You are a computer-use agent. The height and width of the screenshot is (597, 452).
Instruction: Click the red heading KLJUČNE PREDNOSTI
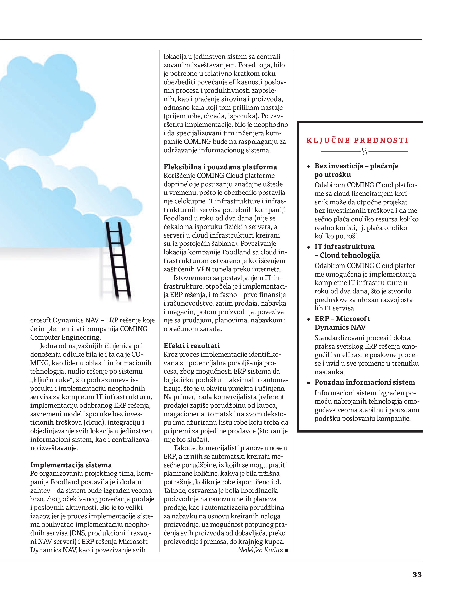tap(357, 140)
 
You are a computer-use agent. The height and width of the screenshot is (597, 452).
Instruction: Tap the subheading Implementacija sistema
tap(71, 465)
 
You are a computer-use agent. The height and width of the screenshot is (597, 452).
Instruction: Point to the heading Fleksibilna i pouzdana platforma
tap(220, 167)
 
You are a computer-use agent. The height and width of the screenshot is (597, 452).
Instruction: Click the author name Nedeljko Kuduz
tap(260, 550)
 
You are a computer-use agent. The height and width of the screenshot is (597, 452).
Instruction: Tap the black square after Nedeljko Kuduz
tap(286, 550)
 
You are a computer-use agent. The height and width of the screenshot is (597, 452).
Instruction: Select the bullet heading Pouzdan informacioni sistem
tap(365, 382)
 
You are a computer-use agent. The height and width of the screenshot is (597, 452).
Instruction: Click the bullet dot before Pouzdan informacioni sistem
tap(309, 383)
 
